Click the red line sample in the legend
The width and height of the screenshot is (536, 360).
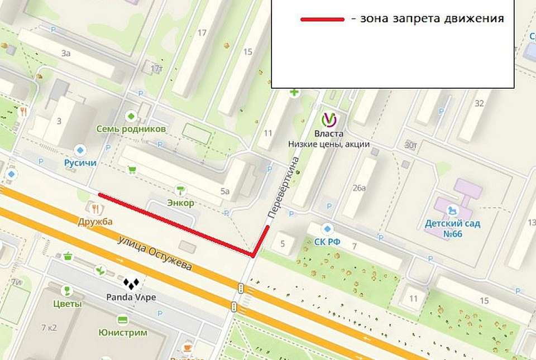[322, 19]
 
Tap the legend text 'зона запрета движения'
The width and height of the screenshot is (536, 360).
[428, 18]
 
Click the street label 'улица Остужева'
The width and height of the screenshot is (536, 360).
[155, 253]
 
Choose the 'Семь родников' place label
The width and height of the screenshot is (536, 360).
[131, 129]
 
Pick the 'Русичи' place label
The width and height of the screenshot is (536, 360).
[80, 163]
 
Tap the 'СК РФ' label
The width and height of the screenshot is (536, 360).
[328, 241]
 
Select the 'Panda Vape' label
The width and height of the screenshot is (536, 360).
[131, 297]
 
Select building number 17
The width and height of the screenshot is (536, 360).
[202, 33]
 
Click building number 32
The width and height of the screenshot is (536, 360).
[478, 103]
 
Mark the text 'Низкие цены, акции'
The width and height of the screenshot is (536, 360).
[329, 144]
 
